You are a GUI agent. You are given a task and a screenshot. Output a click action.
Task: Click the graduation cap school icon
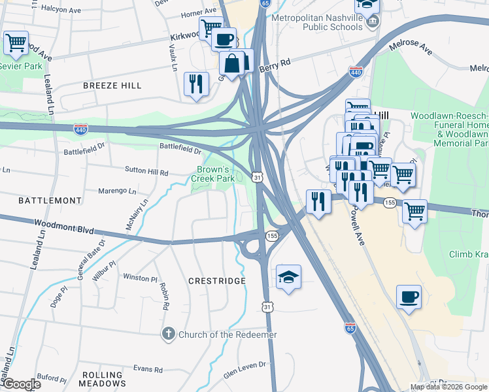(288, 277)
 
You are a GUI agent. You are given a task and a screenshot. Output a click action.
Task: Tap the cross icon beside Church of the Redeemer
(167, 335)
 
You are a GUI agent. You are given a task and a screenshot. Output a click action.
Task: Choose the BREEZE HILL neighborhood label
(112, 86)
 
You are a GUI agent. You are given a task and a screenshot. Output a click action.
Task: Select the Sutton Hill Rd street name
(146, 172)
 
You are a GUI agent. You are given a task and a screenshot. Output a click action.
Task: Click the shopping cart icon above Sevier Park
(16, 44)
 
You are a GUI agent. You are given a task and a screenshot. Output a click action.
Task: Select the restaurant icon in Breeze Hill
(196, 84)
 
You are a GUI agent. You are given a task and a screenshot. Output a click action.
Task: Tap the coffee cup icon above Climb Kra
(409, 297)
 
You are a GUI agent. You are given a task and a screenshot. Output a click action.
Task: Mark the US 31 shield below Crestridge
(267, 306)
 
